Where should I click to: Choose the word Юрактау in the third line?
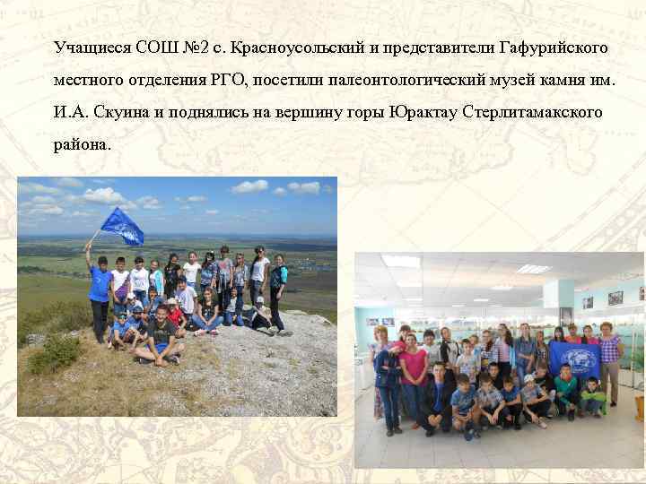(423, 113)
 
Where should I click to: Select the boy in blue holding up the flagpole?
(99, 291)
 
